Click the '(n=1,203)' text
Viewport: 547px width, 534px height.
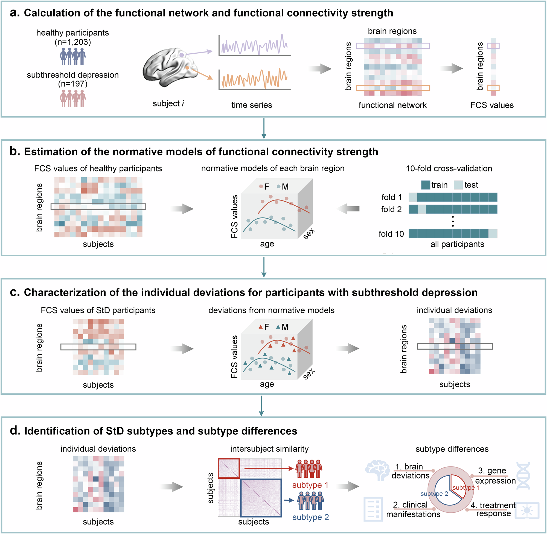(73, 42)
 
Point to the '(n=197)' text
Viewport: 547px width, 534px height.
(73, 84)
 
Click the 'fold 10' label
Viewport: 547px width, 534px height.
(391, 234)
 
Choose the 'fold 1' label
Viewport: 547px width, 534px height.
(391, 198)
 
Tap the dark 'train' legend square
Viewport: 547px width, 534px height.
(425, 185)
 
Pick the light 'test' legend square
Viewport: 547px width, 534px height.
(458, 185)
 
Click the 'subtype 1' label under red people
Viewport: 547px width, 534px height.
(310, 485)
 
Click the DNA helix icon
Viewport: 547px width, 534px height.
(523, 476)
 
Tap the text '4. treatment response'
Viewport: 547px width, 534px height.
(493, 509)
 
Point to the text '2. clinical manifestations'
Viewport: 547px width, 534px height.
(413, 509)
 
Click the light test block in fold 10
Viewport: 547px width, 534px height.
(493, 234)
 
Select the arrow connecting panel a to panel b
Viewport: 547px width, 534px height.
(264, 128)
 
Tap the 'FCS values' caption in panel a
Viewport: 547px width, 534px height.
(492, 105)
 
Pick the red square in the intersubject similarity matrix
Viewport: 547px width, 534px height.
(229, 468)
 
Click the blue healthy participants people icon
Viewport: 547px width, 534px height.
(73, 56)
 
